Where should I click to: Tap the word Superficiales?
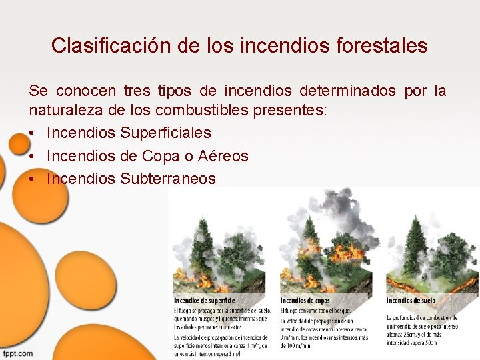point(165,133)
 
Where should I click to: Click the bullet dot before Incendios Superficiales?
point(33,133)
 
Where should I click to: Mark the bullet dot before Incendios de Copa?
point(33,156)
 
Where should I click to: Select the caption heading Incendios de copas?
point(305,301)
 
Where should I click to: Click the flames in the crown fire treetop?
point(310,243)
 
